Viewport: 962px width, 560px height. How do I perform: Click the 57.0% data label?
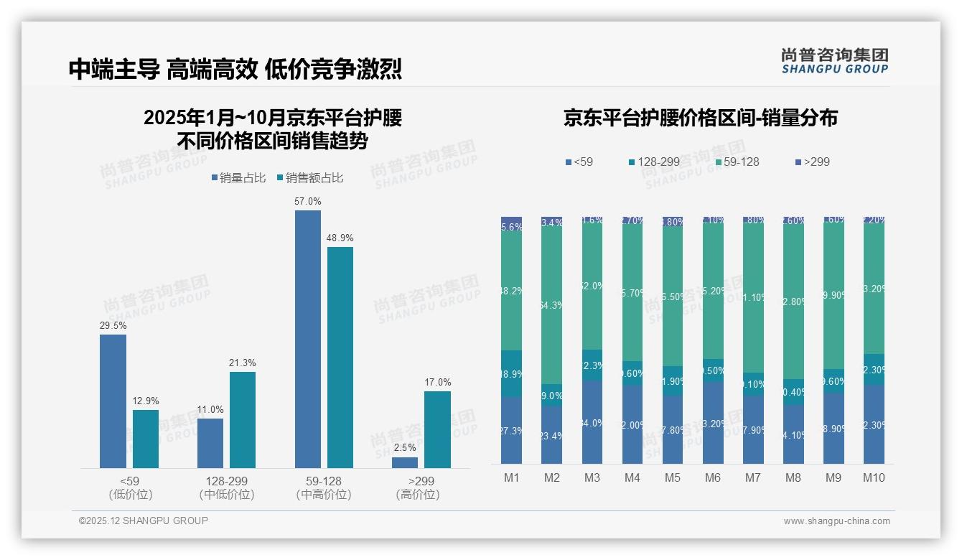click(x=308, y=202)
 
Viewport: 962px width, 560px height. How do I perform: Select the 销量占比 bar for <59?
click(x=113, y=401)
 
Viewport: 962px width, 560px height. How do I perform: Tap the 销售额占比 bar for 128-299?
click(x=243, y=420)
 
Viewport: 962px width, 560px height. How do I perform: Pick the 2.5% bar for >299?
click(x=405, y=462)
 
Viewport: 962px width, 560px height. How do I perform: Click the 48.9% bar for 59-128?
click(x=340, y=358)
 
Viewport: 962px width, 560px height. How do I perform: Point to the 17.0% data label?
click(x=438, y=383)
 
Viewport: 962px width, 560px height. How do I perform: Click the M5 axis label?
click(x=673, y=477)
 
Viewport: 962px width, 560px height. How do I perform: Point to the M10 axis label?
click(x=874, y=477)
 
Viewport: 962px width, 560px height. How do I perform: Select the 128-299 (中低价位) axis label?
click(x=227, y=487)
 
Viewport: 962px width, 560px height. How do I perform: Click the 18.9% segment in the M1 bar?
click(x=512, y=374)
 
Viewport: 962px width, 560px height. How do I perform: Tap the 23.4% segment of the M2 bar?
click(x=552, y=434)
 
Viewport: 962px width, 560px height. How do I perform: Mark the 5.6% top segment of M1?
click(x=512, y=224)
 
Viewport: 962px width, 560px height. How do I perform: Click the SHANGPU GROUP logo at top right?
click(x=834, y=61)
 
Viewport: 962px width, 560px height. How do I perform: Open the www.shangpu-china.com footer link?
click(x=836, y=521)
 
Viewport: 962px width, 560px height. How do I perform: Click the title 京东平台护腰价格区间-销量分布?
click(x=700, y=118)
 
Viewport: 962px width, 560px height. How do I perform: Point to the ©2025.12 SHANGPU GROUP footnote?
click(x=144, y=521)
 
